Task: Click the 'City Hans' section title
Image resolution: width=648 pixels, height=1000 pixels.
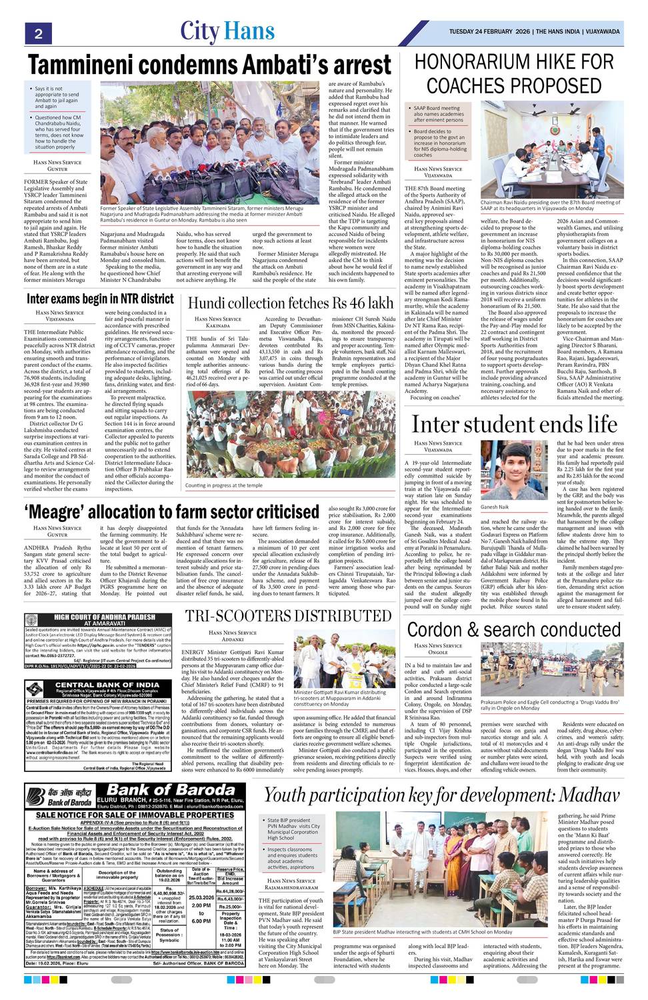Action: click(x=227, y=31)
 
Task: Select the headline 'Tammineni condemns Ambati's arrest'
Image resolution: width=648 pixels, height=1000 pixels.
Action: click(x=209, y=65)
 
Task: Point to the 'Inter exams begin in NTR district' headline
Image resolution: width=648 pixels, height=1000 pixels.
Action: click(x=100, y=298)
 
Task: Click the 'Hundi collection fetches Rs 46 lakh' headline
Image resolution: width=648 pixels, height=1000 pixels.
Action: click(x=290, y=303)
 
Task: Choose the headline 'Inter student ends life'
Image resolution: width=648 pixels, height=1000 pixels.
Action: click(x=514, y=425)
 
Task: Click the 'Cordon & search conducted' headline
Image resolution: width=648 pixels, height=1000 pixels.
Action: click(x=513, y=630)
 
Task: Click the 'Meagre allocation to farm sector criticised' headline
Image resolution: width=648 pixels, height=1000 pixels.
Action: click(x=173, y=512)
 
